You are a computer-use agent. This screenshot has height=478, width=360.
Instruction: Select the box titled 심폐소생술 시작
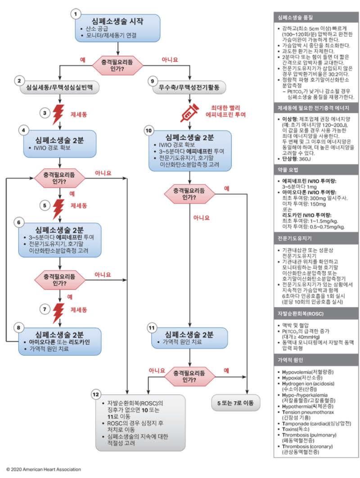117,28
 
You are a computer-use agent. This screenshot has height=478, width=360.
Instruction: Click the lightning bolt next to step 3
58,114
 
